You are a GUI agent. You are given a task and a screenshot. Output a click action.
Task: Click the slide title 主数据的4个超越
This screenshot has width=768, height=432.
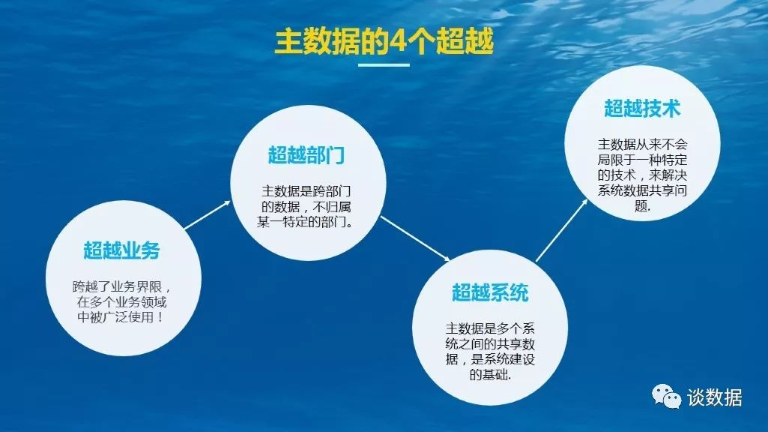384,41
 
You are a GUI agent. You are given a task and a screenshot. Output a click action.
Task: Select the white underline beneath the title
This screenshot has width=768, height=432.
384,64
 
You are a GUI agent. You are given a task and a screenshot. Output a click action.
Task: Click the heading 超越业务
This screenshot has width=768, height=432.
121,250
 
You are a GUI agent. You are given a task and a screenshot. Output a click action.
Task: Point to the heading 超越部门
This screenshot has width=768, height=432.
306,155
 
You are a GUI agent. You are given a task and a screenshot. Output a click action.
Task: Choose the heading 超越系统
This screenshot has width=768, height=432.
490,292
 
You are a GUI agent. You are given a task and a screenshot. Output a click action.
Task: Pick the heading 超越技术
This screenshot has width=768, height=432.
642,108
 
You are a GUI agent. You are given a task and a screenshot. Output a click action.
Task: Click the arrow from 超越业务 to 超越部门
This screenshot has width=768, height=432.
208,214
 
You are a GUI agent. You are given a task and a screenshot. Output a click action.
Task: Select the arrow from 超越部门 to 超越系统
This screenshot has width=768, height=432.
415,238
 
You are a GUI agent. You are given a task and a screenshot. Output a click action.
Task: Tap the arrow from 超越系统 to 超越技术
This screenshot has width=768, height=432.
562,230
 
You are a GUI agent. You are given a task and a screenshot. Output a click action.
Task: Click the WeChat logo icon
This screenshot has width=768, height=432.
666,396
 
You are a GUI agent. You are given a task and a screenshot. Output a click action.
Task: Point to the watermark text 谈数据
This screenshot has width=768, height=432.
714,397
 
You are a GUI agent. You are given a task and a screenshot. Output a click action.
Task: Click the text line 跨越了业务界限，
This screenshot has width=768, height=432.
121,286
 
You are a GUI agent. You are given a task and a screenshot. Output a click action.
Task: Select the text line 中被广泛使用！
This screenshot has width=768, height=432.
121,316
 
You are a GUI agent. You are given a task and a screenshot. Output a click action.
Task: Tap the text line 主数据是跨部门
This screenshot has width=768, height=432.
306,191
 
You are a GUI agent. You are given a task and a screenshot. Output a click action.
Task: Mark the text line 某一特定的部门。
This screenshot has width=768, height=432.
306,222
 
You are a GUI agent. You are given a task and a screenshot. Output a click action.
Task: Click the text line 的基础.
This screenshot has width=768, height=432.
490,375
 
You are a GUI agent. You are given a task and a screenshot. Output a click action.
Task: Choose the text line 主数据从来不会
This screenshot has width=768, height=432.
642,145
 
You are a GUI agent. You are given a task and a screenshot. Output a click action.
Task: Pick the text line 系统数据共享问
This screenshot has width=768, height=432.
642,190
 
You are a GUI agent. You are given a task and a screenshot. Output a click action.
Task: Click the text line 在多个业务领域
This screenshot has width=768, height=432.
121,301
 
